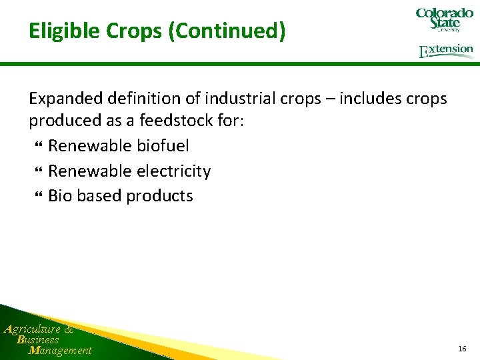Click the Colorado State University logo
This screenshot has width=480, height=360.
(444, 20)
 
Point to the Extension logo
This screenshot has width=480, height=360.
(446, 51)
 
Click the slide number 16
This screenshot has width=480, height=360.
(462, 349)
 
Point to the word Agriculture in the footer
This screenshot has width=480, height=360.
(32, 329)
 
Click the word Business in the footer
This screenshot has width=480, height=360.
(38, 339)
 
